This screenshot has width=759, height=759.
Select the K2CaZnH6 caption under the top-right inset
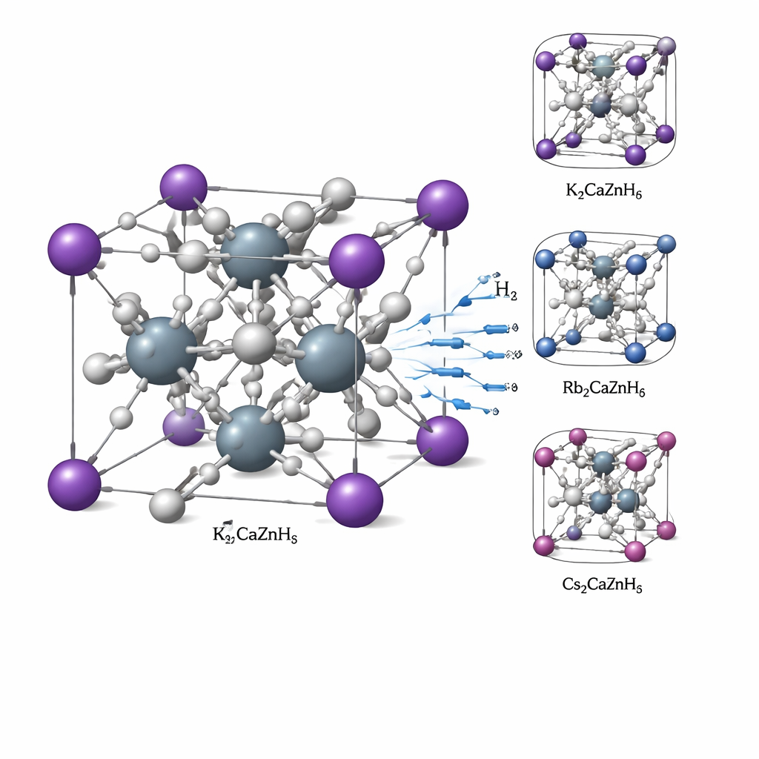coord(603,192)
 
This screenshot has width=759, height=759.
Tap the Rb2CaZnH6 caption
coord(603,388)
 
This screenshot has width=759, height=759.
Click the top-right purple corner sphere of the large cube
coord(443,205)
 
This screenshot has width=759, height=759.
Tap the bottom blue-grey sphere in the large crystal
coord(251,439)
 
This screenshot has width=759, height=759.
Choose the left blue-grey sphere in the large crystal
coord(162,351)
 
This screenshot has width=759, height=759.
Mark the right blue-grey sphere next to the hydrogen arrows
coord(330,358)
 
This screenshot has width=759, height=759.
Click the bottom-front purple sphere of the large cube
coord(355,500)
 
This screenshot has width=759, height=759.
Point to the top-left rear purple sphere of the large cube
coord(183,188)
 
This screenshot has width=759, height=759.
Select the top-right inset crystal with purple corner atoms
coord(603,99)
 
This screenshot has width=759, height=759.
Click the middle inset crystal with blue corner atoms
coord(603,297)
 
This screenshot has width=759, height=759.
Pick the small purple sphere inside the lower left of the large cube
coord(183,426)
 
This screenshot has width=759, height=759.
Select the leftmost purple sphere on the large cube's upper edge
coord(74,249)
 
